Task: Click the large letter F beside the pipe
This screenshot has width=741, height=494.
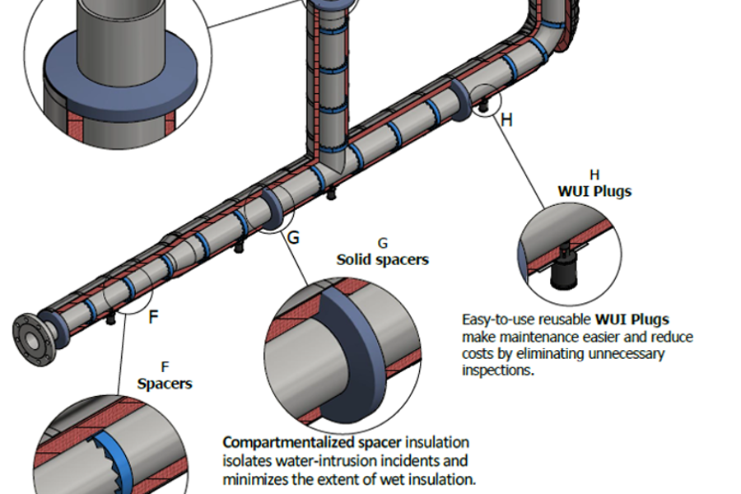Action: point(153,317)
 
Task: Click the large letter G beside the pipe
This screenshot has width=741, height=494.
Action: point(293,238)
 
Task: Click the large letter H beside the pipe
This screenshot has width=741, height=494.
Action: point(507,120)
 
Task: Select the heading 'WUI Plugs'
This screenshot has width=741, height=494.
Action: point(594,191)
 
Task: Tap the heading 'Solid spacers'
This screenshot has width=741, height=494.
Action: point(382,259)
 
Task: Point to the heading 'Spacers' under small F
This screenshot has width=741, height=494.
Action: point(165,383)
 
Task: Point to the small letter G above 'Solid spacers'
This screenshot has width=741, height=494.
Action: point(382,244)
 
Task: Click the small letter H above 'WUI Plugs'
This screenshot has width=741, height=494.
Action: point(594,175)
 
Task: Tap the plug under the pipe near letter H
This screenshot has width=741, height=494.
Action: point(484,106)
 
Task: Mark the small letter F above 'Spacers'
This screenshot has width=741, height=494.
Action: point(165,366)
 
